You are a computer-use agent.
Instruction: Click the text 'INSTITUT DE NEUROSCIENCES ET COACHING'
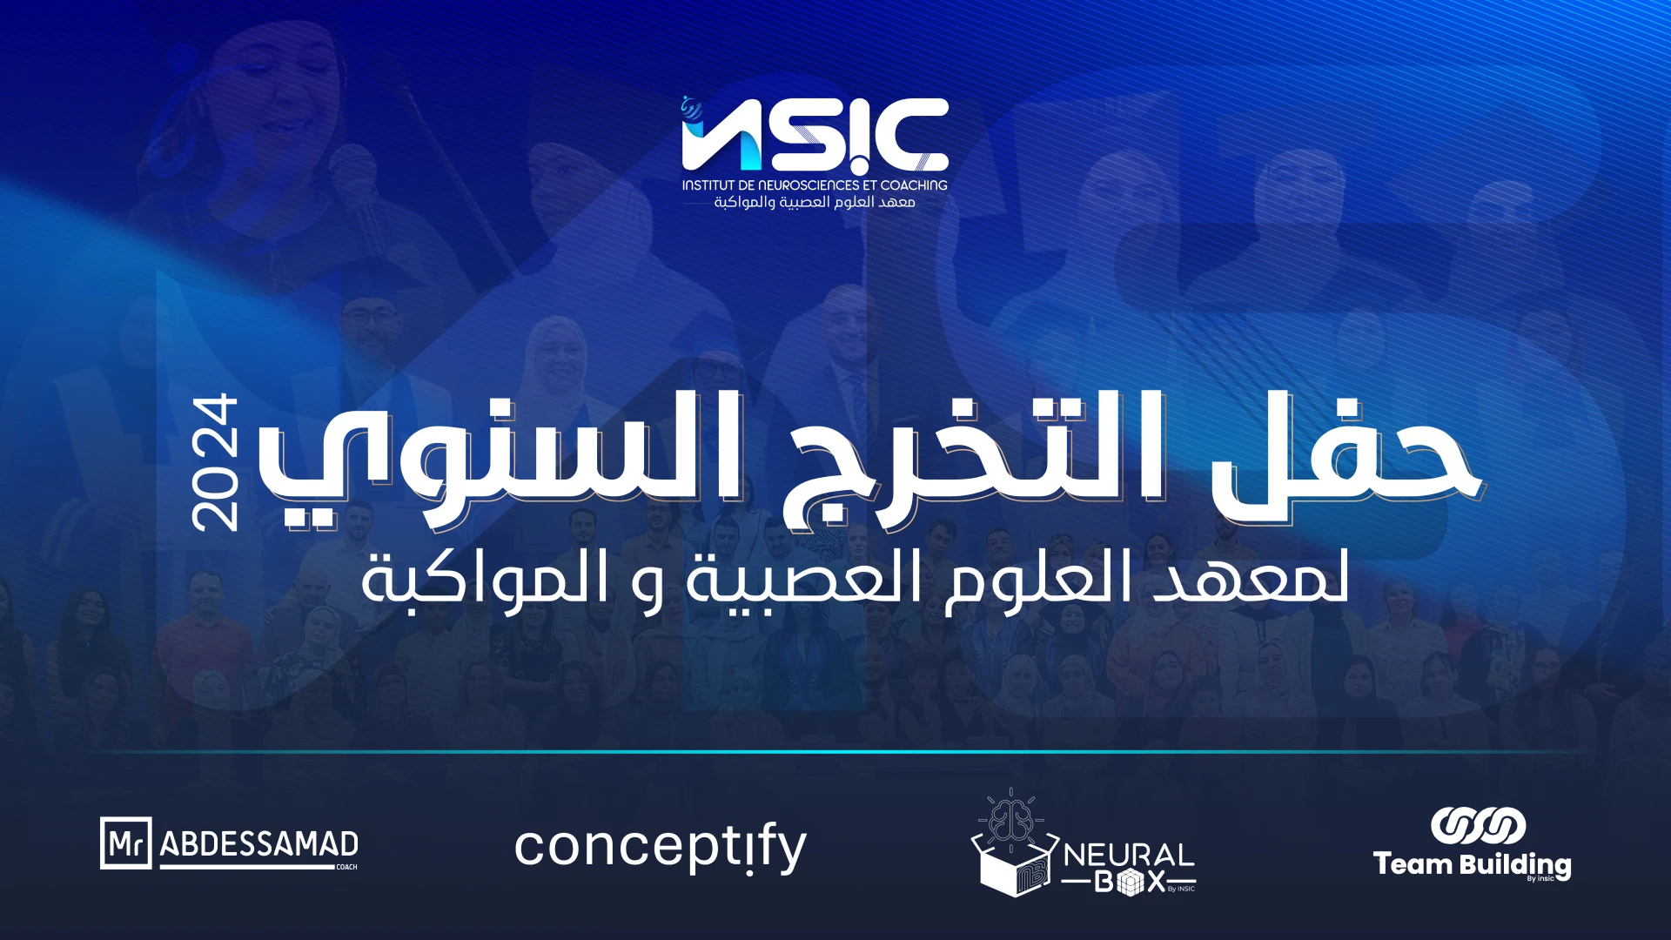click(x=815, y=185)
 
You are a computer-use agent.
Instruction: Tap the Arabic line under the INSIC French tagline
click(x=815, y=203)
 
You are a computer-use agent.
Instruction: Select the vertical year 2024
click(x=214, y=462)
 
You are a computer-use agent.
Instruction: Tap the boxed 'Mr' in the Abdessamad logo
click(x=126, y=843)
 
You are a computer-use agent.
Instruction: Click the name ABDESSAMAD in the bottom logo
click(x=259, y=844)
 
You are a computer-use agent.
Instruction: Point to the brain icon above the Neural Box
click(x=1010, y=818)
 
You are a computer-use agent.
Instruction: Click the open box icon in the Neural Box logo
click(x=1015, y=866)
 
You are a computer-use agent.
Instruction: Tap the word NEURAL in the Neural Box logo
click(x=1129, y=855)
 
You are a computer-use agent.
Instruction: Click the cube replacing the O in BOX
click(x=1131, y=883)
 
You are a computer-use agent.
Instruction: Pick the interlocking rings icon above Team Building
click(x=1479, y=826)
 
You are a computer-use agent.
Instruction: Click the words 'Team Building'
click(x=1473, y=864)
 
